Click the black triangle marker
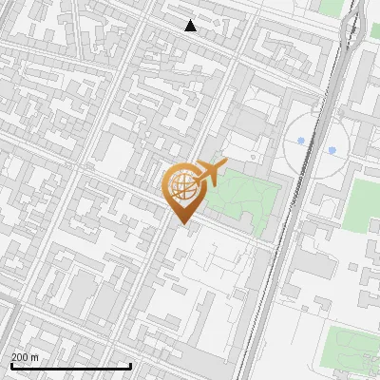click(191, 26)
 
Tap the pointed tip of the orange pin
click(181, 224)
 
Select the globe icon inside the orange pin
click(183, 187)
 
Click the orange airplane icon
click(211, 172)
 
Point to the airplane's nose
click(224, 163)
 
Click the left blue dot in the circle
click(301, 141)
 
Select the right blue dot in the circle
click(332, 150)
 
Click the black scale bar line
click(70, 366)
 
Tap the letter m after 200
click(35, 357)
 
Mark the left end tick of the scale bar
click(10, 364)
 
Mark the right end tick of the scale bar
click(130, 364)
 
